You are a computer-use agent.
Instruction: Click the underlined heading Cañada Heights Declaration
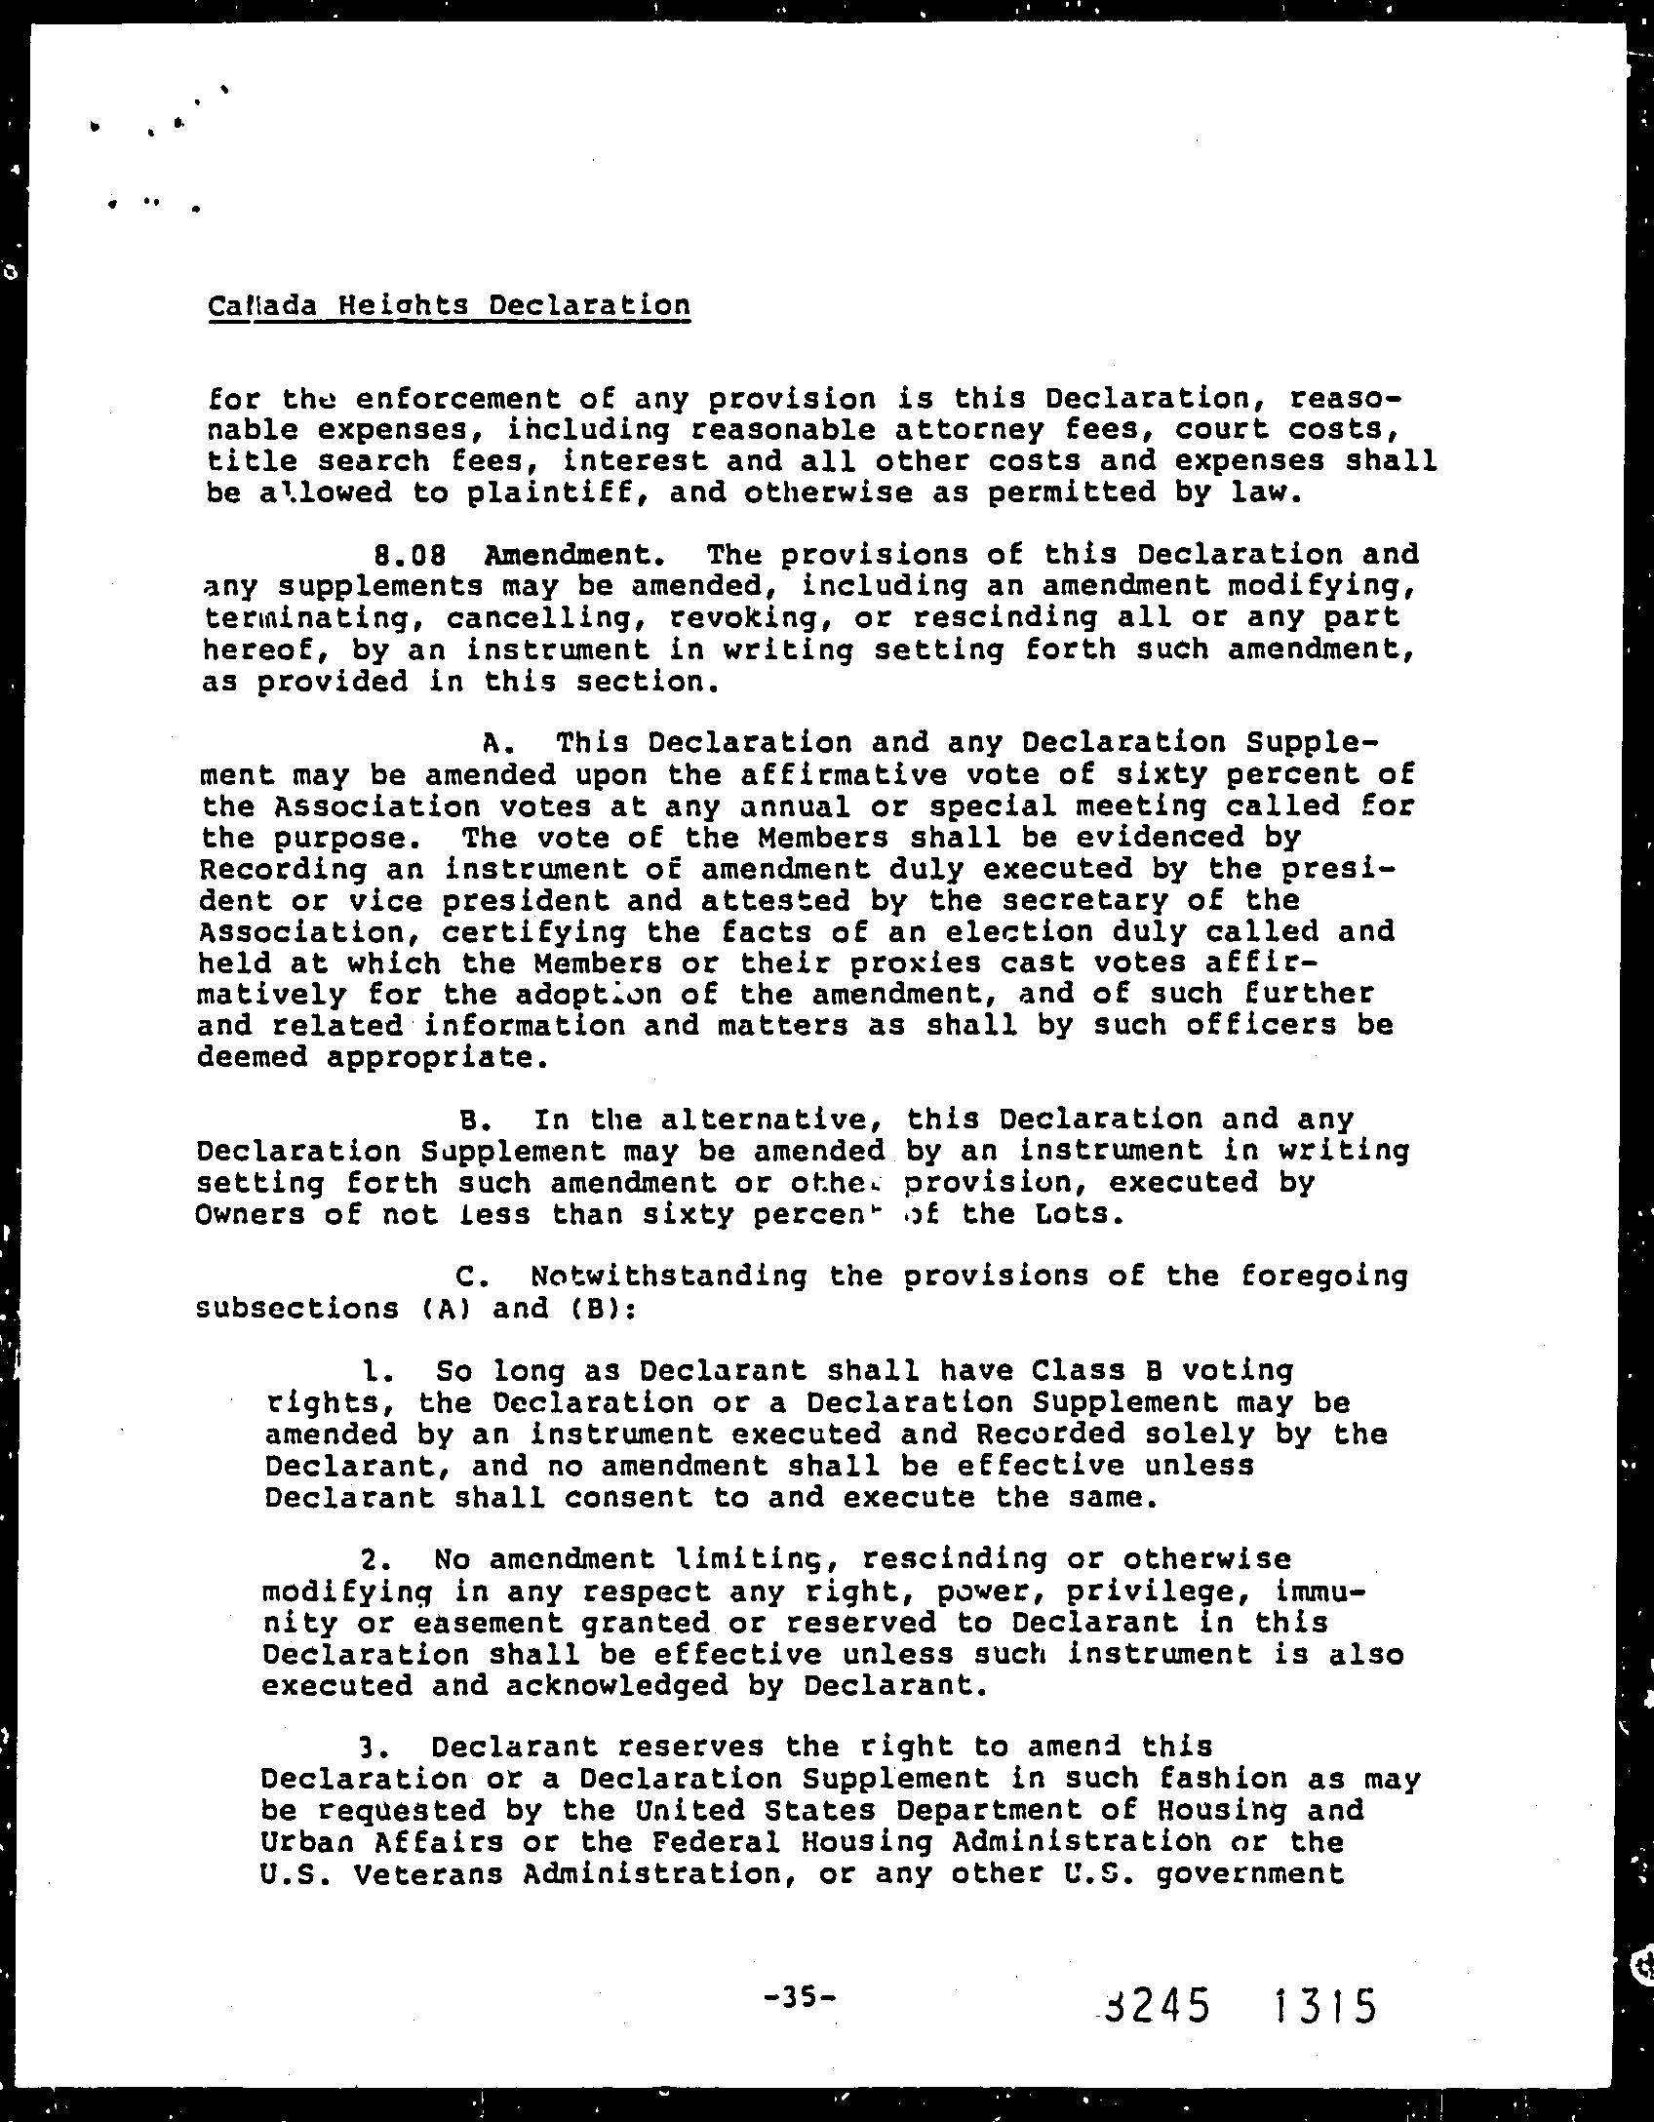point(449,306)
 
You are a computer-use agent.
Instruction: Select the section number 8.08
point(411,555)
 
